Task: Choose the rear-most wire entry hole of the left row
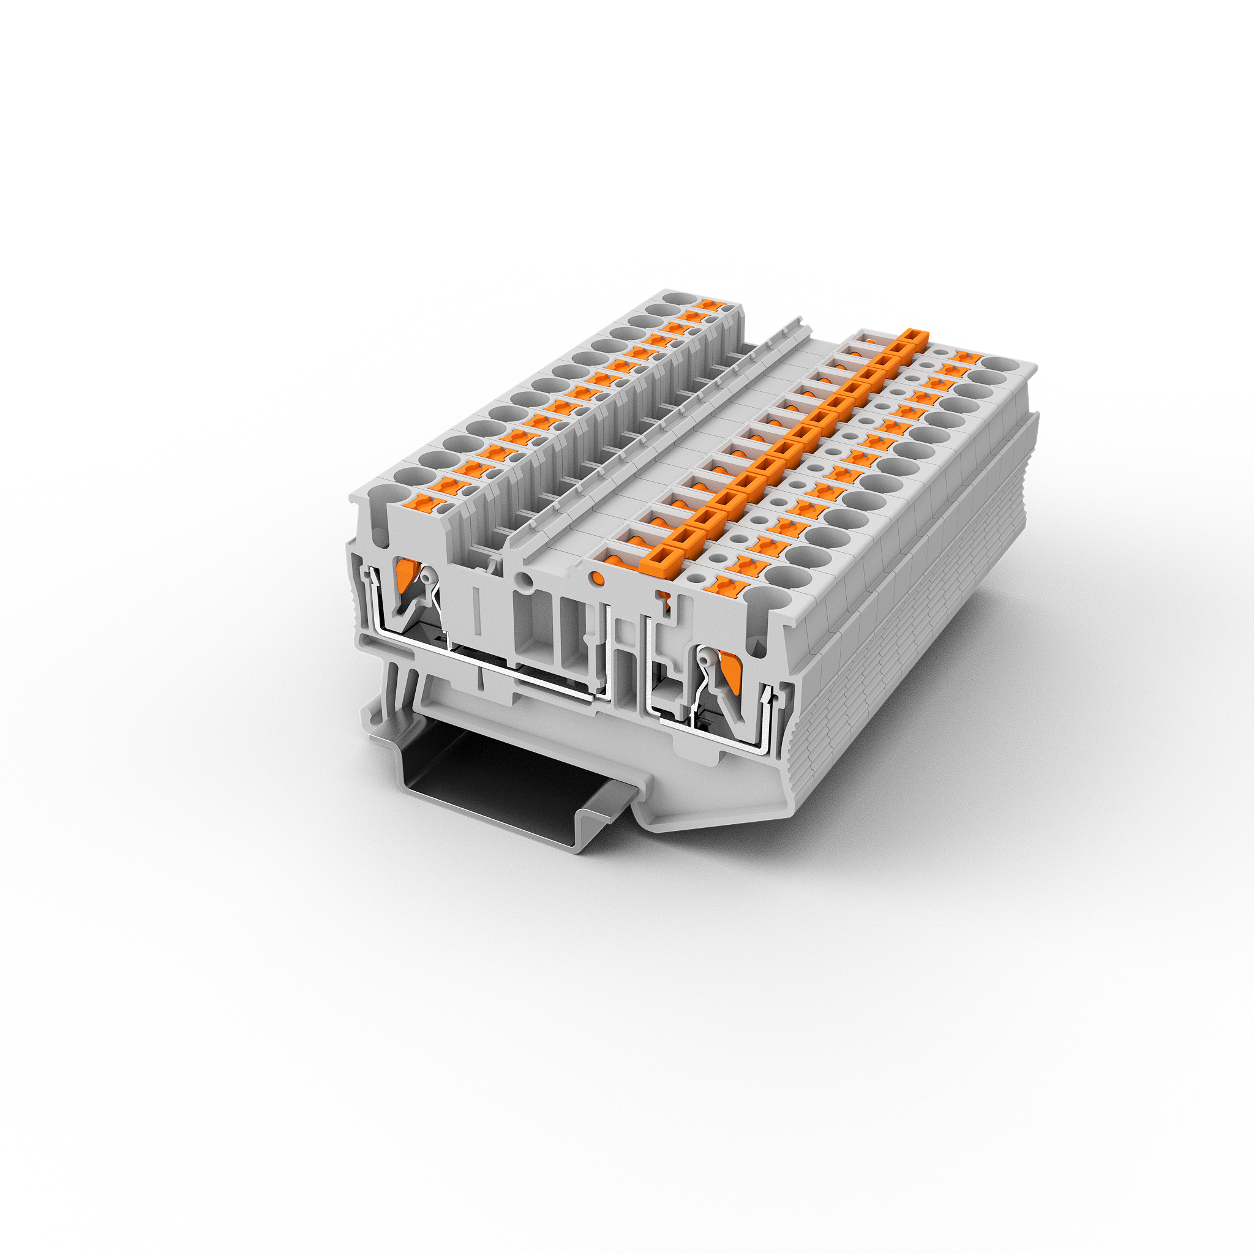tap(678, 300)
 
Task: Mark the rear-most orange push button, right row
tap(966, 356)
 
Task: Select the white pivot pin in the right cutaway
tap(704, 661)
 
